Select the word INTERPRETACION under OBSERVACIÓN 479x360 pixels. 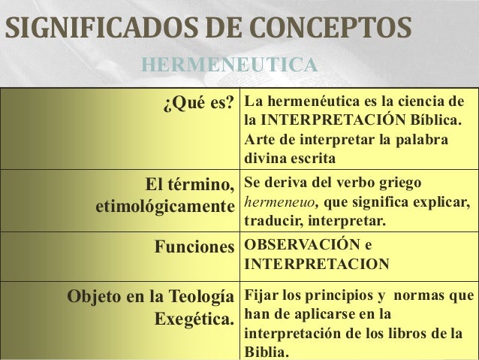[x=317, y=265]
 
